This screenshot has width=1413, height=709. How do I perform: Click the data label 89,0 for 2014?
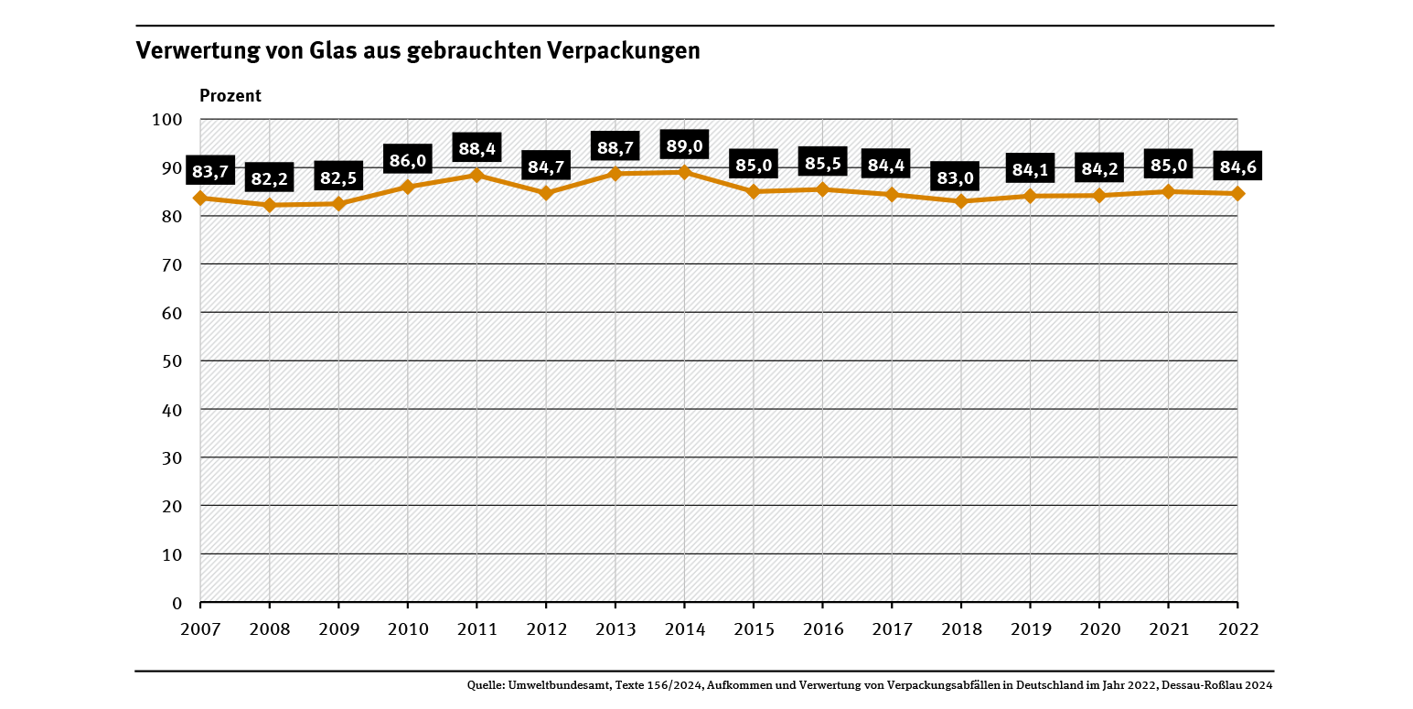684,145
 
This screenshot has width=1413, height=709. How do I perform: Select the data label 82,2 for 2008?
270,178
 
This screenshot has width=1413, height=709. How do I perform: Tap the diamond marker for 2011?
476,175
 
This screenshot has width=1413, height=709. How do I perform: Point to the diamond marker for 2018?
961,201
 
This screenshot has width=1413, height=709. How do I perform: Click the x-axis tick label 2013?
615,629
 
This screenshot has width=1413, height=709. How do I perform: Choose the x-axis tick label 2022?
1237,629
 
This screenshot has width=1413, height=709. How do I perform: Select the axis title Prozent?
230,96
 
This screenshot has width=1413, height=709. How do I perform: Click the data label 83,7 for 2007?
209,171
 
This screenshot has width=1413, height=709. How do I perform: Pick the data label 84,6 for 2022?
1237,167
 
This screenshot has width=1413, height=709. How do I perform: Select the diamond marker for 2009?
338,204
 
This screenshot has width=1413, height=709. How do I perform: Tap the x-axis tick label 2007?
200,629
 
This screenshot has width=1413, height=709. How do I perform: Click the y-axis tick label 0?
177,603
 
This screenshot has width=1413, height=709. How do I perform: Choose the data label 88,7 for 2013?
615,147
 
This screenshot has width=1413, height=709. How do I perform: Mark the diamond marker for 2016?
822,189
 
